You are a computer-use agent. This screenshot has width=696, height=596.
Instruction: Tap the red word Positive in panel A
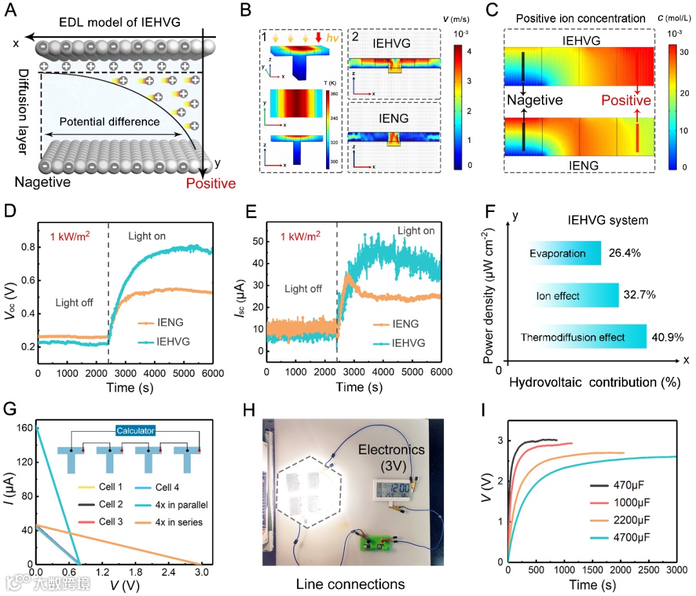click(210, 184)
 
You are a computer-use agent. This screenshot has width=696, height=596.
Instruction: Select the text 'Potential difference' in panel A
click(110, 122)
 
